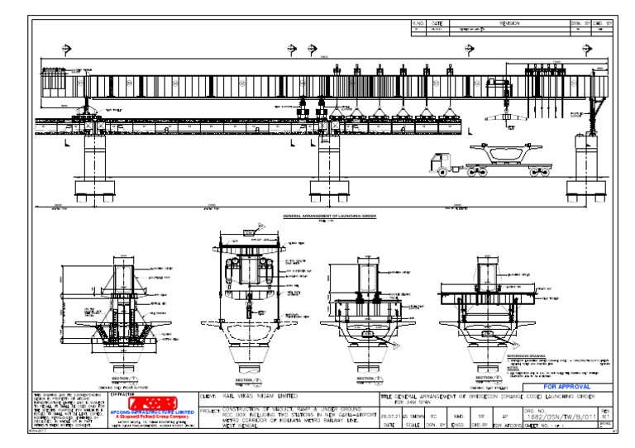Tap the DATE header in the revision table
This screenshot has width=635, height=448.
pyautogui.click(x=437, y=24)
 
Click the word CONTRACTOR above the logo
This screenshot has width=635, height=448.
pyautogui.click(x=122, y=395)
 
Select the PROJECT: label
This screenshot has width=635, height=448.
pyautogui.click(x=210, y=407)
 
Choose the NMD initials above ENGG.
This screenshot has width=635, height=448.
pyautogui.click(x=456, y=407)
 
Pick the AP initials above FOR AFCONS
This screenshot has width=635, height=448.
pyautogui.click(x=504, y=407)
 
